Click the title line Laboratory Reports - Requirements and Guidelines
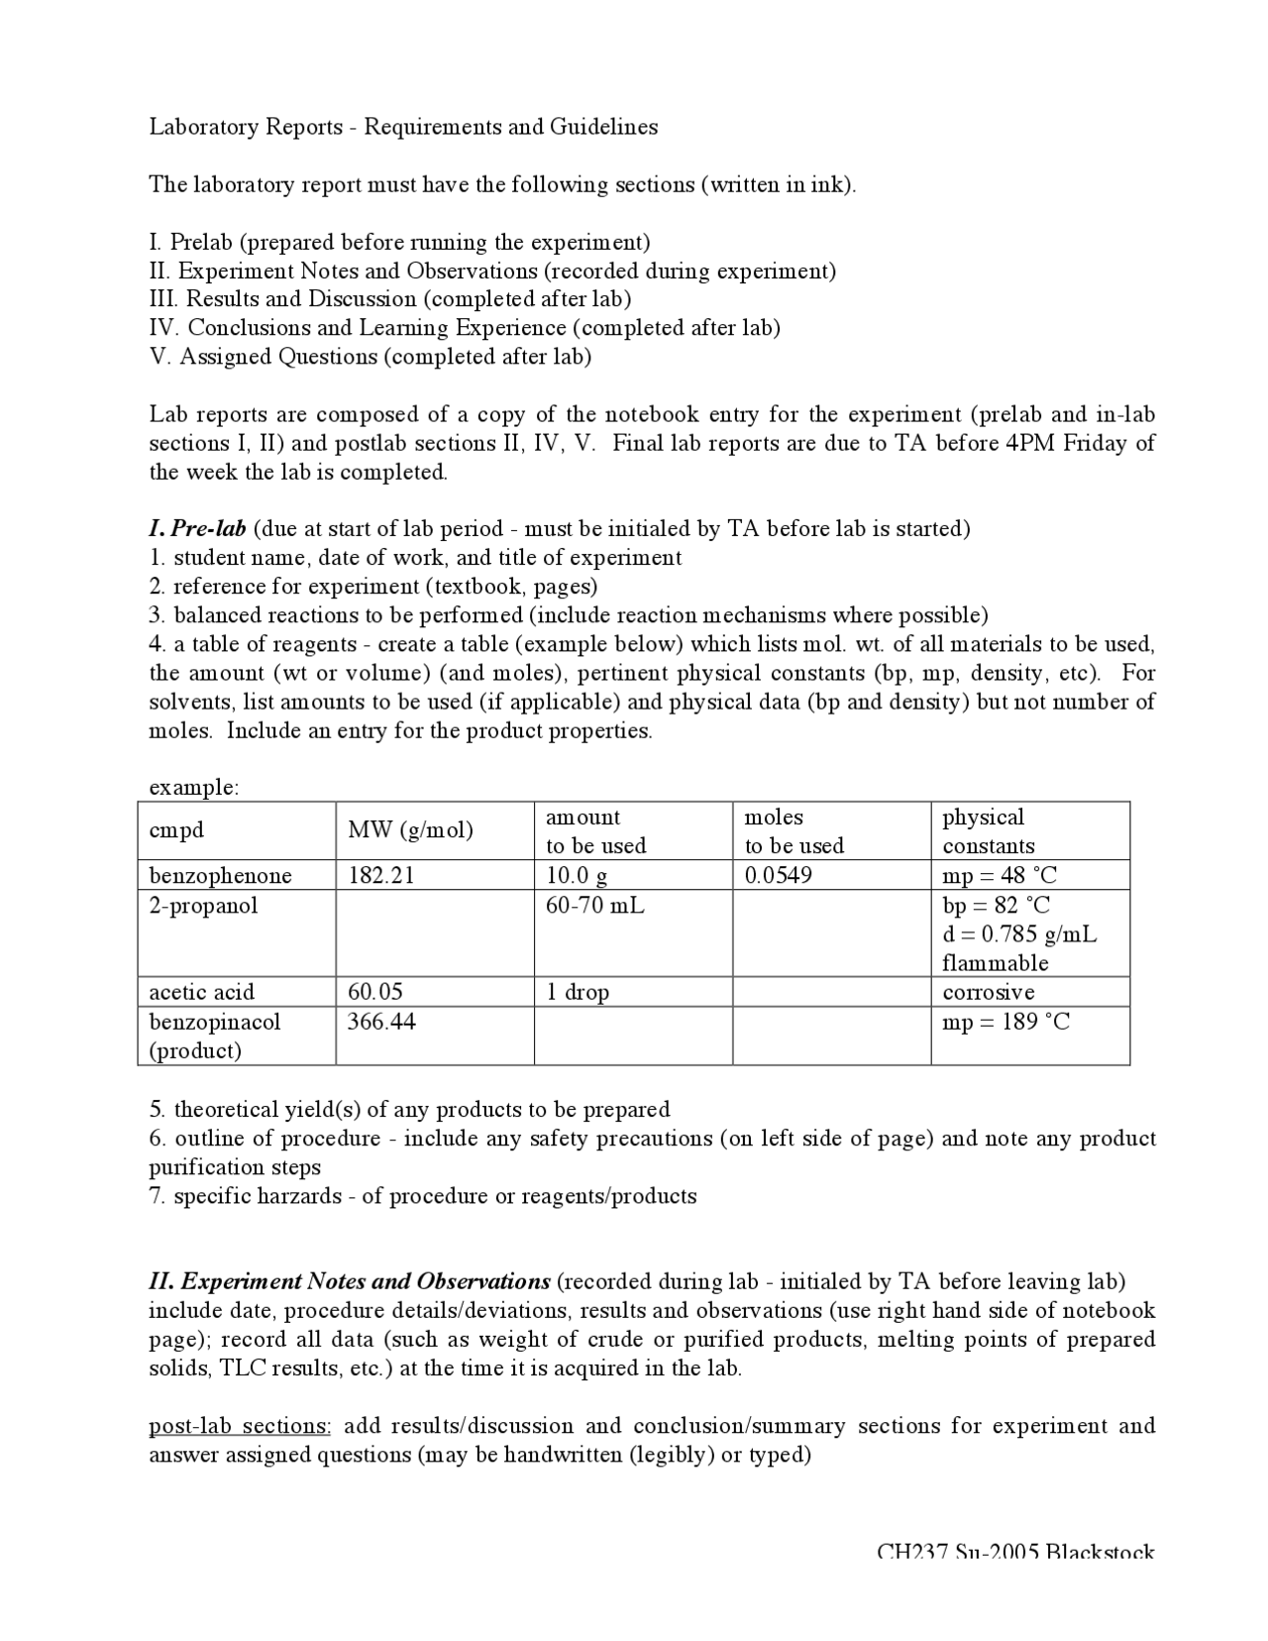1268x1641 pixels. (x=403, y=127)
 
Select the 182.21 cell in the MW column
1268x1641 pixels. (x=380, y=875)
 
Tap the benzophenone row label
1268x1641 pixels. (x=220, y=875)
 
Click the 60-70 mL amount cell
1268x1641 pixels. (x=594, y=905)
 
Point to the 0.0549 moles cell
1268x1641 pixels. (x=778, y=875)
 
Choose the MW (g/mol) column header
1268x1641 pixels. (x=410, y=830)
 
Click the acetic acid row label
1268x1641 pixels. (x=201, y=992)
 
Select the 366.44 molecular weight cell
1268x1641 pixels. (x=380, y=1021)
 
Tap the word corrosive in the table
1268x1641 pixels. (x=988, y=992)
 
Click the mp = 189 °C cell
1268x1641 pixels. (x=1005, y=1021)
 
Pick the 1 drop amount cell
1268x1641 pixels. (x=577, y=992)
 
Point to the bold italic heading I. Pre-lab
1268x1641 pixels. (x=197, y=528)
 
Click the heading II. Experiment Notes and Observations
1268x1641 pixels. (x=349, y=1281)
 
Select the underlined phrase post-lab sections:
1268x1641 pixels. (x=240, y=1426)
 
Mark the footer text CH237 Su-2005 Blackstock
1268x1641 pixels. (x=1015, y=1552)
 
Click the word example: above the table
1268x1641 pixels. (x=193, y=788)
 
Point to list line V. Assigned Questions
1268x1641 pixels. (x=370, y=357)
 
